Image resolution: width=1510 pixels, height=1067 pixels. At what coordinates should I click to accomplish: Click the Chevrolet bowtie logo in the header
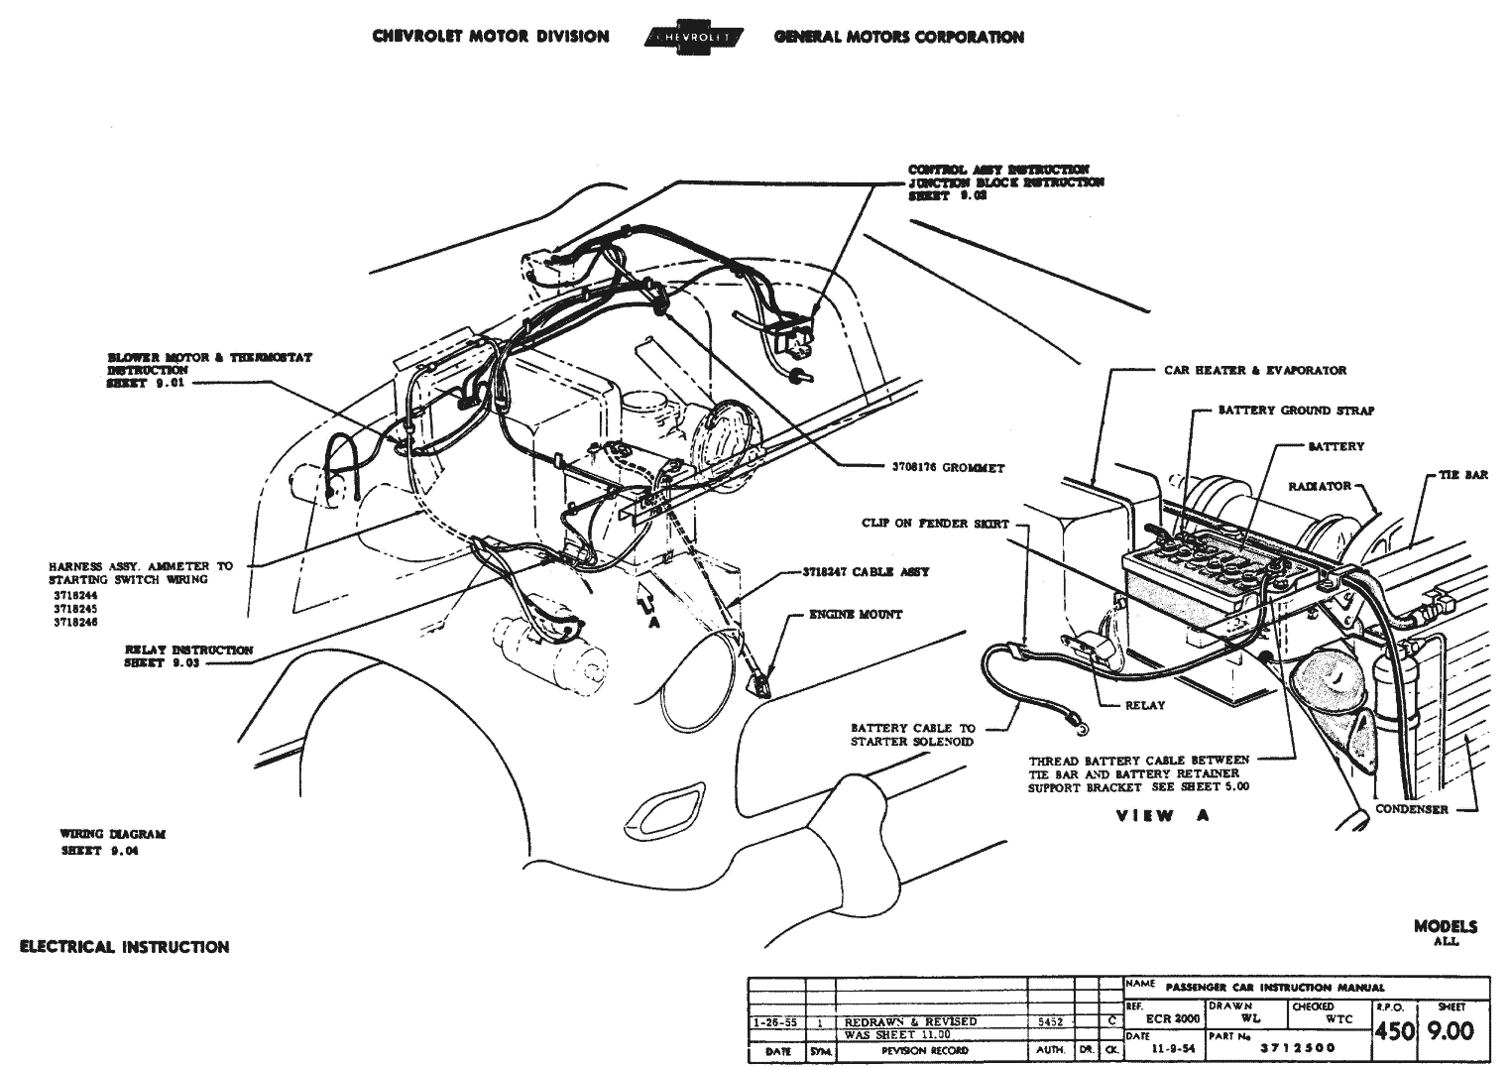(691, 37)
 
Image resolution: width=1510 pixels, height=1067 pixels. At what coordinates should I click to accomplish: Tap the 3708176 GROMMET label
(947, 467)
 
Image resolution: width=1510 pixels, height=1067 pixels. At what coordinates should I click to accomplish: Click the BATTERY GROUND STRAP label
(1296, 410)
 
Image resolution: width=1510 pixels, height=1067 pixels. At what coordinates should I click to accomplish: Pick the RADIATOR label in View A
(1320, 486)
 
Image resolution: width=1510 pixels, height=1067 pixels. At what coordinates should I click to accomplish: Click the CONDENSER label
(1411, 809)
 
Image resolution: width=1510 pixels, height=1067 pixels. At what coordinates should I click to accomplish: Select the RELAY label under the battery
(1145, 705)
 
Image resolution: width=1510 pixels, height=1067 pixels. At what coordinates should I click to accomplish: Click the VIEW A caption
(1157, 816)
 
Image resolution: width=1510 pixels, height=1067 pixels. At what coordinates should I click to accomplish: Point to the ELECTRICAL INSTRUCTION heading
(125, 947)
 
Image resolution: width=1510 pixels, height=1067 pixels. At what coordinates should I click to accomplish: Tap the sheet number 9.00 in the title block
(1450, 1031)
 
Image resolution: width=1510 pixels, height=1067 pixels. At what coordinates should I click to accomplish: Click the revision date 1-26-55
(775, 1021)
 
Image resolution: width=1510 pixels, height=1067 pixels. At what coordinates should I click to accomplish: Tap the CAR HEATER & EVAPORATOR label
(1255, 370)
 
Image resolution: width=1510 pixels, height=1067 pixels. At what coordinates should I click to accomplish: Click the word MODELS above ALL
(1445, 926)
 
